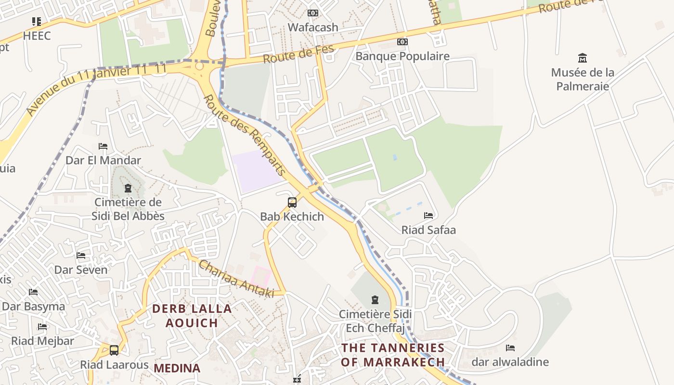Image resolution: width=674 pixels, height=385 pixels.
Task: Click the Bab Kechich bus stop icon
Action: click(x=292, y=202)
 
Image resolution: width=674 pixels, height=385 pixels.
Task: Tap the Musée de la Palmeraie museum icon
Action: click(x=583, y=58)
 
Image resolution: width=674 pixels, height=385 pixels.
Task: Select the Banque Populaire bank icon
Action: click(x=402, y=42)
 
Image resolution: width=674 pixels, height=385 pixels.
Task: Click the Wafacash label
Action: click(x=313, y=27)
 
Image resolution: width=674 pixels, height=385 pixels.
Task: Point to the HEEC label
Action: click(x=37, y=36)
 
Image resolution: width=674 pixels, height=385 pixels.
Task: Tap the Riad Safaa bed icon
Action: click(x=428, y=216)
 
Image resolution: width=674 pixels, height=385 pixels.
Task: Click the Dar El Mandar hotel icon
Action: click(x=103, y=146)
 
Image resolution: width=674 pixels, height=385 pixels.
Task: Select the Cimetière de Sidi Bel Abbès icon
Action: click(x=128, y=188)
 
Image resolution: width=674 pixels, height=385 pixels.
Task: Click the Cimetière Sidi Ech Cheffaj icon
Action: click(x=375, y=300)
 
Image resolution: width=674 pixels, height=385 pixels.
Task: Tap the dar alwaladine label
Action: click(x=510, y=362)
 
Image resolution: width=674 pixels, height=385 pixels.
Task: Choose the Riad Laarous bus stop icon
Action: click(x=114, y=350)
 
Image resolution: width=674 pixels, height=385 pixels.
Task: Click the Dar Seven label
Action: click(x=81, y=269)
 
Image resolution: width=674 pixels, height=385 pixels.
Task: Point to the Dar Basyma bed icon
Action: click(x=33, y=292)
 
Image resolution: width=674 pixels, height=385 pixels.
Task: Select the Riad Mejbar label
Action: click(x=43, y=341)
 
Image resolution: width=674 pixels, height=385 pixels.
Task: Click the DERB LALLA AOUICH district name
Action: click(x=192, y=316)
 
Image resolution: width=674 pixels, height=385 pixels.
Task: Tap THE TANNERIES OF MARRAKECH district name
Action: click(x=393, y=355)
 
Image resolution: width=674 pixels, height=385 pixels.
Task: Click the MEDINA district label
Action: click(x=177, y=368)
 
